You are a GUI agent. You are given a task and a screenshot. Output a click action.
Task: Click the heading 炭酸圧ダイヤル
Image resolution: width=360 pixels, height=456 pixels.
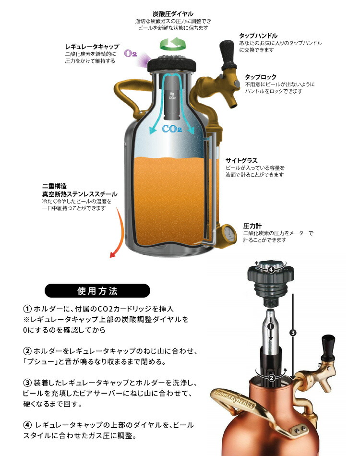click(x=173, y=14)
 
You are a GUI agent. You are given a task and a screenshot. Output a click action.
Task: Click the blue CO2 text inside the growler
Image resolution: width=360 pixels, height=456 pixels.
click(x=172, y=129)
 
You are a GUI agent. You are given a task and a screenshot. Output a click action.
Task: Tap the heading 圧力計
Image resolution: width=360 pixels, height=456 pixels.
click(x=252, y=225)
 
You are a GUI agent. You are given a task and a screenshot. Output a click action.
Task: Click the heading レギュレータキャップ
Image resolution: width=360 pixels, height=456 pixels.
click(x=92, y=47)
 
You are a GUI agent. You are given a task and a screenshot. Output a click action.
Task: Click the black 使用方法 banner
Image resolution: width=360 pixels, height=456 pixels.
click(x=97, y=290)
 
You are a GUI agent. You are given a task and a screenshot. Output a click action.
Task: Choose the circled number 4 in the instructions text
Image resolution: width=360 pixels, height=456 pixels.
click(x=28, y=425)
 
